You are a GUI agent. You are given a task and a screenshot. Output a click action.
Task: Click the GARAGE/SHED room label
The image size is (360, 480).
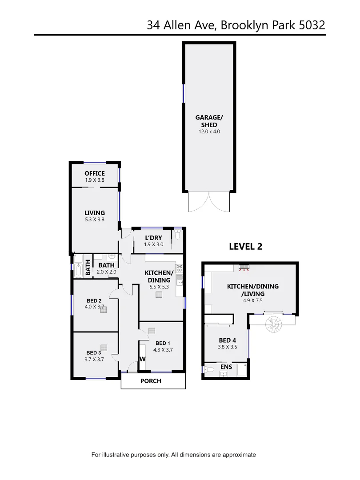(x=209, y=121)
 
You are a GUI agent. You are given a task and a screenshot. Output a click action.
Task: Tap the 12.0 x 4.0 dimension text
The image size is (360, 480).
(x=209, y=132)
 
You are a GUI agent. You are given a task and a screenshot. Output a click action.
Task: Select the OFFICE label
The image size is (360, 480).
(x=95, y=173)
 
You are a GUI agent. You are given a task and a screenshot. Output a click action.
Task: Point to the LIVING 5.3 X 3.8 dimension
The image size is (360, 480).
(x=95, y=219)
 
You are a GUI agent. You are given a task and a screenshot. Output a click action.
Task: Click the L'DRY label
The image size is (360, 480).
(x=153, y=238)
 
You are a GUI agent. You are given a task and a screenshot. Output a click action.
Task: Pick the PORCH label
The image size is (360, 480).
(x=151, y=381)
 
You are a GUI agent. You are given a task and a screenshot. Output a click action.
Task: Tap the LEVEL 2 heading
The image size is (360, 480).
(x=245, y=247)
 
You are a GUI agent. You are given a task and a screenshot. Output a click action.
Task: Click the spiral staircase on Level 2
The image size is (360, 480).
(x=273, y=325)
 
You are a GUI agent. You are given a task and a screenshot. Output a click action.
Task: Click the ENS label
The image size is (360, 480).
(x=226, y=367)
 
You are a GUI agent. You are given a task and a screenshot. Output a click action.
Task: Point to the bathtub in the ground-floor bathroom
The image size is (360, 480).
(x=79, y=267)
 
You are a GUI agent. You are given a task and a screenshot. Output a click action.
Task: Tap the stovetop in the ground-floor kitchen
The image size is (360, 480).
(x=180, y=268)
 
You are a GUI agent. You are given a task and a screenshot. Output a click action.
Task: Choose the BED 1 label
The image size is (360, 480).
(x=163, y=343)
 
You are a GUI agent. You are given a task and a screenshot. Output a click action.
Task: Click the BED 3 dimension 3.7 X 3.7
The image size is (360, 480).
(x=95, y=360)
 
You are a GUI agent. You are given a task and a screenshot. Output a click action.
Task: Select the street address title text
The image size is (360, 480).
(x=236, y=25)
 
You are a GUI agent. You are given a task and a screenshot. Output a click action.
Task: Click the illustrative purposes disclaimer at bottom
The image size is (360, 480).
(x=173, y=455)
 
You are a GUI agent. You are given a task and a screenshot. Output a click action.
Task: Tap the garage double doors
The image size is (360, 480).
(x=209, y=202)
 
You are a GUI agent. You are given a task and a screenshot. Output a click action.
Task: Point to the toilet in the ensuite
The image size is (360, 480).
(x=211, y=369)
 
